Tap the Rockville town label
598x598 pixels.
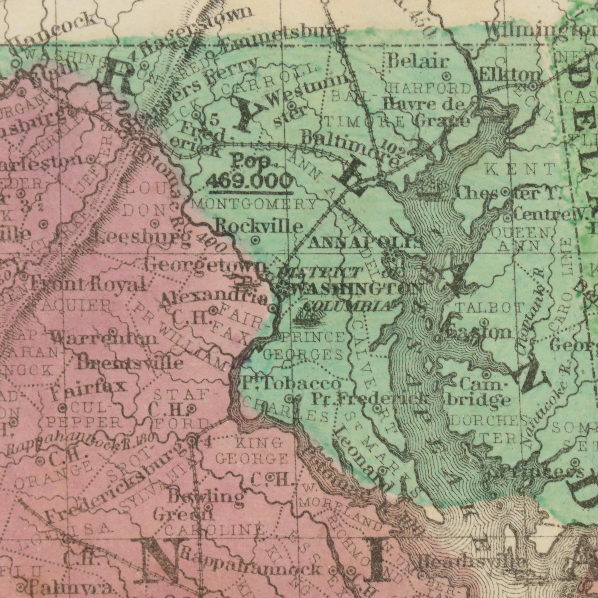coord(259,227)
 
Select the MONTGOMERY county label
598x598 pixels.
coord(254,204)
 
